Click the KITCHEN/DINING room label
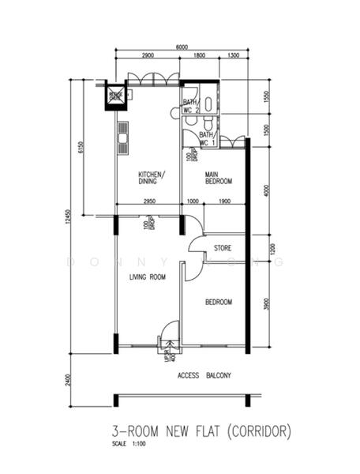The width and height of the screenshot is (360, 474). coord(150,178)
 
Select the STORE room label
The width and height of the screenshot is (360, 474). coord(223,248)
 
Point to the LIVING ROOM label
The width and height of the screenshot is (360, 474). coord(148,276)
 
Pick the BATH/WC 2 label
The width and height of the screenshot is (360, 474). coord(191,106)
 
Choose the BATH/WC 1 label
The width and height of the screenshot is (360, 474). coord(207,139)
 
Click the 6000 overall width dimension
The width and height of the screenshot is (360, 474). coord(182,47)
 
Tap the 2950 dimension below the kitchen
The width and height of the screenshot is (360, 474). coord(148,202)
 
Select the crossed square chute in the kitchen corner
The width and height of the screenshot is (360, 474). coord(116,96)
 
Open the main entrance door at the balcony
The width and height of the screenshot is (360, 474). coord(169,335)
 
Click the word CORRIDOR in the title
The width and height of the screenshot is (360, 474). coord(259,431)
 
